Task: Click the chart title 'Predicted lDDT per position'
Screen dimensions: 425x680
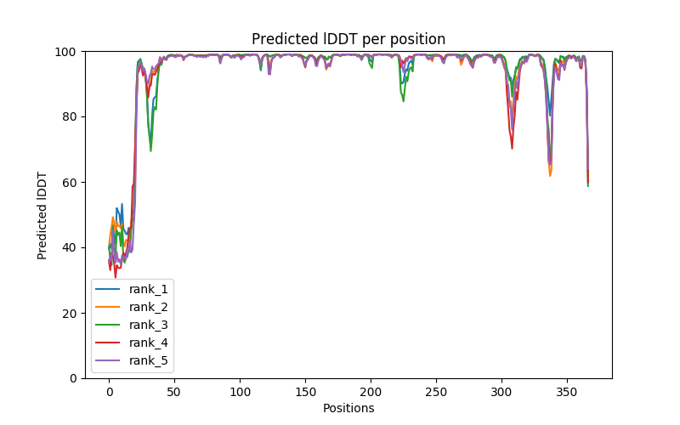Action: tap(348, 39)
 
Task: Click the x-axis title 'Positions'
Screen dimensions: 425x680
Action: tap(348, 408)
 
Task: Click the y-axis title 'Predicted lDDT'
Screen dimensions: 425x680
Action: tap(42, 215)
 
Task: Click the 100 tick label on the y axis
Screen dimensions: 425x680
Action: tap(66, 52)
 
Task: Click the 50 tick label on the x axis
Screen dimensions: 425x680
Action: tap(174, 391)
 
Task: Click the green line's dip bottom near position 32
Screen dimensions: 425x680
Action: tap(150, 150)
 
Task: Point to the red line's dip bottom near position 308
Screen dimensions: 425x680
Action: tap(512, 148)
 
